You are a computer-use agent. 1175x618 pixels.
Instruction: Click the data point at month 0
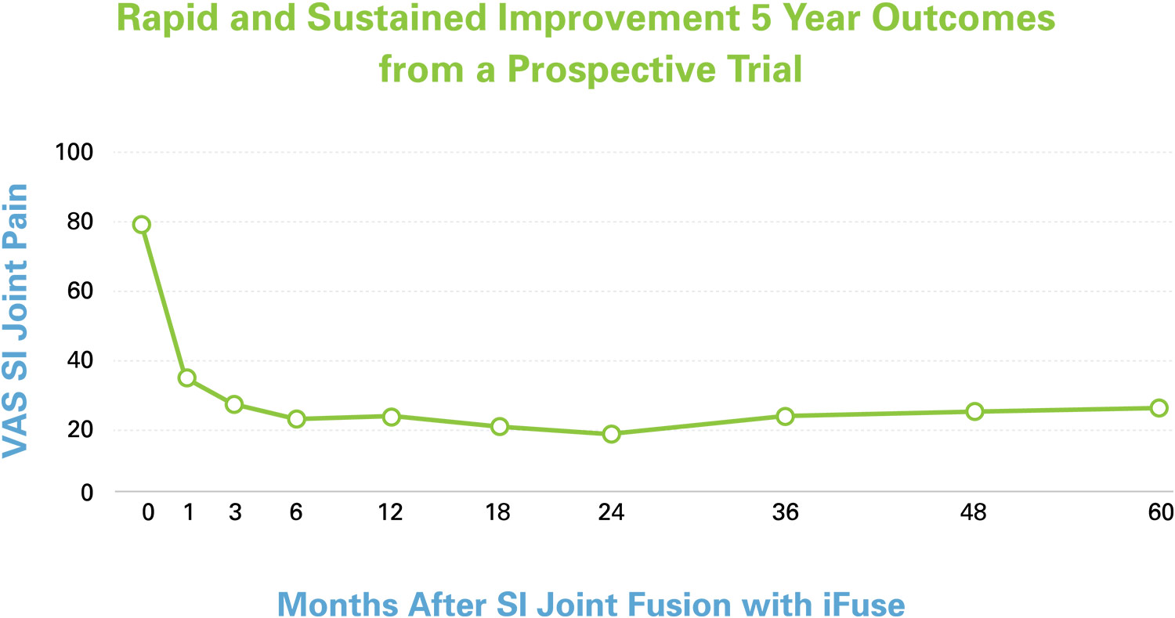[x=141, y=225]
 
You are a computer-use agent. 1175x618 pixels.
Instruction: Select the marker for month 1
[x=186, y=378]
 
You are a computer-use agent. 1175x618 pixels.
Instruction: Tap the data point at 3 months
[x=233, y=405]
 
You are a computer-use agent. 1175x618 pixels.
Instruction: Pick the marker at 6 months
[x=296, y=419]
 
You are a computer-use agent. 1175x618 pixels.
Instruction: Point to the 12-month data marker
[x=391, y=417]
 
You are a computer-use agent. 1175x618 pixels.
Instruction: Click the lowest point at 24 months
[x=611, y=434]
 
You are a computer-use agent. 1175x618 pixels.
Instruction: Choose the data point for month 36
[x=785, y=416]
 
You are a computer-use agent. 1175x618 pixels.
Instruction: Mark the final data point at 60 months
[x=1159, y=408]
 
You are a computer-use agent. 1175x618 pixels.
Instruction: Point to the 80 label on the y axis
[x=81, y=222]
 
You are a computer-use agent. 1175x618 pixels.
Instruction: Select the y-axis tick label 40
[x=81, y=361]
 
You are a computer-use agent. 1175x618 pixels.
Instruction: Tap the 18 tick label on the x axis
[x=498, y=513]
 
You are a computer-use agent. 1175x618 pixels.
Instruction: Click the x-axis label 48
[x=974, y=513]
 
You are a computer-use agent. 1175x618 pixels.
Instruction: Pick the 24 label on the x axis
[x=611, y=513]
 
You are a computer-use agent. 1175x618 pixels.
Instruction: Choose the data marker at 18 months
[x=500, y=427]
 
